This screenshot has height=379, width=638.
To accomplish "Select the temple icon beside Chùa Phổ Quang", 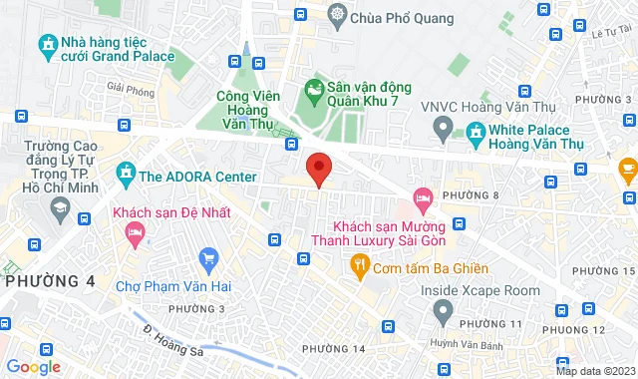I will click(x=339, y=16).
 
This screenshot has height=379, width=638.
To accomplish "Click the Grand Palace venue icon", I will click(x=46, y=45).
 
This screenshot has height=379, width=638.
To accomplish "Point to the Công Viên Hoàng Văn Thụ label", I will click(x=247, y=110).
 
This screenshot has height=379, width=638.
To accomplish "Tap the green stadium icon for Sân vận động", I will click(x=315, y=92).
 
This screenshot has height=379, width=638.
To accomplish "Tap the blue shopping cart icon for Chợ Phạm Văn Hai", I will click(x=208, y=260).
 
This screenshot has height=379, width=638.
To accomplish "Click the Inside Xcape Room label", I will click(x=479, y=290).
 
